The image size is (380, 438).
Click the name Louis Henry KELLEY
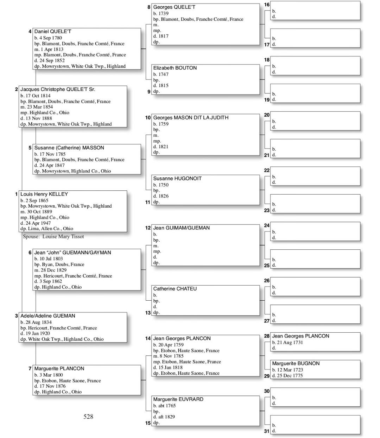44,194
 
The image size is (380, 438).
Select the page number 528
88,417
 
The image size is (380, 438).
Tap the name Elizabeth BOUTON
175,68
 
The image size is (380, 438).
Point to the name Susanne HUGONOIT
177,178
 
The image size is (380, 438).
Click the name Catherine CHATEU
175,289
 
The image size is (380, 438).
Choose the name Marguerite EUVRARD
178,399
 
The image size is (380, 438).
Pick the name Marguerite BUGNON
296,364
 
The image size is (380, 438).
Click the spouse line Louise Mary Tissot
53,237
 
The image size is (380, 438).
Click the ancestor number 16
267,5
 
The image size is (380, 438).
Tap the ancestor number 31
267,431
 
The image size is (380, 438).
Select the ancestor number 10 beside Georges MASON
148,118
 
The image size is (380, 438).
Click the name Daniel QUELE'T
53,32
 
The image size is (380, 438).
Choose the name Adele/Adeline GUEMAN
47,316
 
